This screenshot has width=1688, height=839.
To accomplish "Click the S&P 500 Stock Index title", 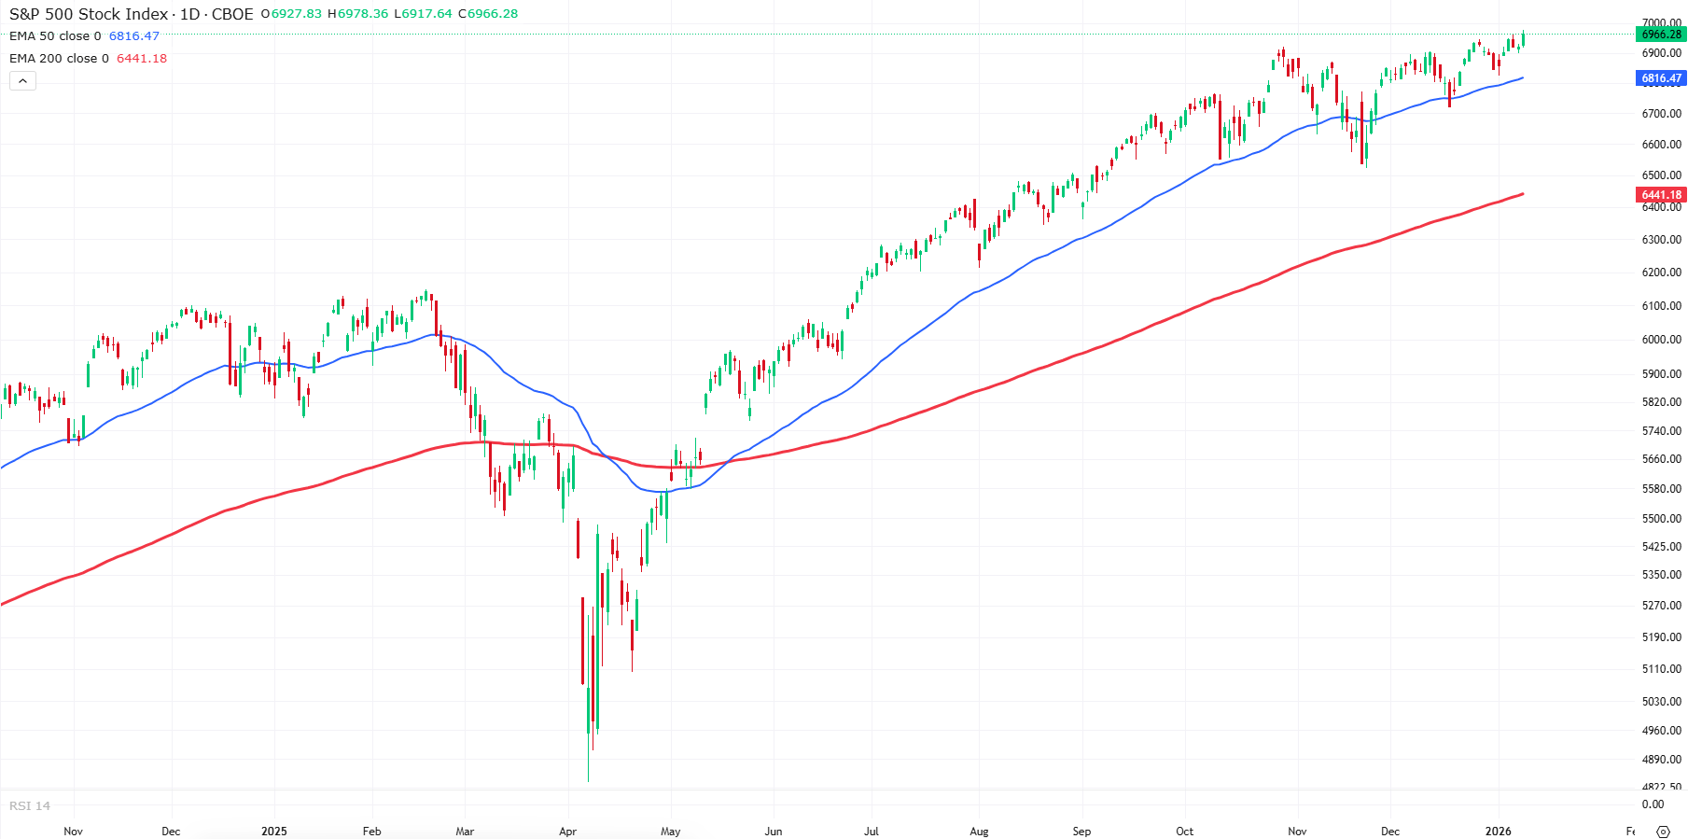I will tap(89, 14).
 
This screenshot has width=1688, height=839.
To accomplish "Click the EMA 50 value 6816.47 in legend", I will tap(134, 36).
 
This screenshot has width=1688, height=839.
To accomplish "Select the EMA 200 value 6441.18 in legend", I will tap(142, 59).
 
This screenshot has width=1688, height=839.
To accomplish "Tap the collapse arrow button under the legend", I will tap(23, 81).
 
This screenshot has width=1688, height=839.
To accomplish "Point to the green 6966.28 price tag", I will tap(1661, 35).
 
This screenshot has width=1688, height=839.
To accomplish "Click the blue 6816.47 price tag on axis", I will tap(1661, 78).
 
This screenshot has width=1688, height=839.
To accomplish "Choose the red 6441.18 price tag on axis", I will tap(1661, 195).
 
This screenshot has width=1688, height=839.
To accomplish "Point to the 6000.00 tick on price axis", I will tap(1661, 340).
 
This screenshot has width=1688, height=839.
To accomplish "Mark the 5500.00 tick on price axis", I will tap(1661, 519).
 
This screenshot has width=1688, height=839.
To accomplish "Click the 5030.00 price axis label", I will tap(1661, 702).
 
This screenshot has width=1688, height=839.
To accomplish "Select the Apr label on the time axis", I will tap(567, 832).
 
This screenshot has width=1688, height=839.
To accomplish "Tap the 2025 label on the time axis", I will tap(274, 832).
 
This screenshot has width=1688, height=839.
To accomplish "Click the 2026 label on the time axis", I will tap(1498, 832).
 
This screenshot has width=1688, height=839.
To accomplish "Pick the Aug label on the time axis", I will tap(979, 832).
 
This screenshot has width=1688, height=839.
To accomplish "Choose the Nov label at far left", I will tap(73, 832).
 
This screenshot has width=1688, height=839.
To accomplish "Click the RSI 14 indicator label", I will tap(30, 806).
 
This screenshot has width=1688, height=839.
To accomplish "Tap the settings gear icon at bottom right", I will tap(1663, 832).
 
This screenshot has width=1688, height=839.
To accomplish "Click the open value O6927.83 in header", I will tap(291, 14).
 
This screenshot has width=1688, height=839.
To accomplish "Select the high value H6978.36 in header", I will tap(357, 14).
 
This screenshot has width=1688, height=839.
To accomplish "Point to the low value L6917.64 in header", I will tap(423, 14).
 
